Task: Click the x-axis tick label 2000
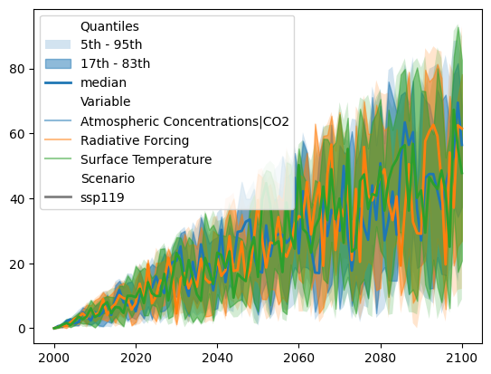pyautogui.click(x=54, y=358)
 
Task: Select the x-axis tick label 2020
pyautogui.click(x=136, y=358)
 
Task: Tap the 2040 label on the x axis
pyautogui.click(x=217, y=358)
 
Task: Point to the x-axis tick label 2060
pyautogui.click(x=298, y=358)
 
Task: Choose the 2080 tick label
pyautogui.click(x=381, y=358)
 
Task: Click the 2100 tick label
pyautogui.click(x=462, y=358)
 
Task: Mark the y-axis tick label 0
pyautogui.click(x=22, y=329)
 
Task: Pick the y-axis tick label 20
pyautogui.click(x=17, y=264)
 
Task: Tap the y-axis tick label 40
pyautogui.click(x=17, y=199)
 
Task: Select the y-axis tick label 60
pyautogui.click(x=17, y=134)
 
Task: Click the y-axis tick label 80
pyautogui.click(x=17, y=69)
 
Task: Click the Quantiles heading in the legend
pyautogui.click(x=109, y=26)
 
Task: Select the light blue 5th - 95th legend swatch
pyautogui.click(x=58, y=44)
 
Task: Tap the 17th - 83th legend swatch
pyautogui.click(x=58, y=63)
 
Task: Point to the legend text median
pyautogui.click(x=104, y=82)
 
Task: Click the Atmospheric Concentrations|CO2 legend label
pyautogui.click(x=184, y=121)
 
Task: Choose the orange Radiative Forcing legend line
pyautogui.click(x=58, y=139)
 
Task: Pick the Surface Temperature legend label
pyautogui.click(x=146, y=159)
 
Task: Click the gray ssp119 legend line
pyautogui.click(x=58, y=197)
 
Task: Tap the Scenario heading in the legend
pyautogui.click(x=108, y=178)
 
